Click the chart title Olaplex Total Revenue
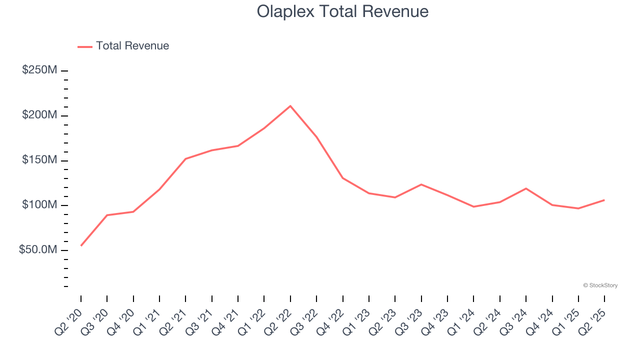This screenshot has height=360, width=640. (342, 11)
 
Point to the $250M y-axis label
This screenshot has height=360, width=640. (39, 70)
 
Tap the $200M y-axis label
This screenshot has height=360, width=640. (39, 115)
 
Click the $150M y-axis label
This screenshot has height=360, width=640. (39, 160)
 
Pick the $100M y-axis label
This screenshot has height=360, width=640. (39, 205)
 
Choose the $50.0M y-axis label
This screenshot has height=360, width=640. (38, 249)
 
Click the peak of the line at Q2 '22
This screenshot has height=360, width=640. (290, 106)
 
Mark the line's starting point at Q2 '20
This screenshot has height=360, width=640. (81, 245)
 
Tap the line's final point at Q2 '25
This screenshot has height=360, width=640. (604, 200)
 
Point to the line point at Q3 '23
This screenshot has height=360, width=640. (421, 184)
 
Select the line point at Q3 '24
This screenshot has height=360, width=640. (526, 188)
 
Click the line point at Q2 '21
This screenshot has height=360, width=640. (185, 159)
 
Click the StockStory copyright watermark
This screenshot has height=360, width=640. (600, 285)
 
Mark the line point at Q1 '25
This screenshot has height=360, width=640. (578, 208)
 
